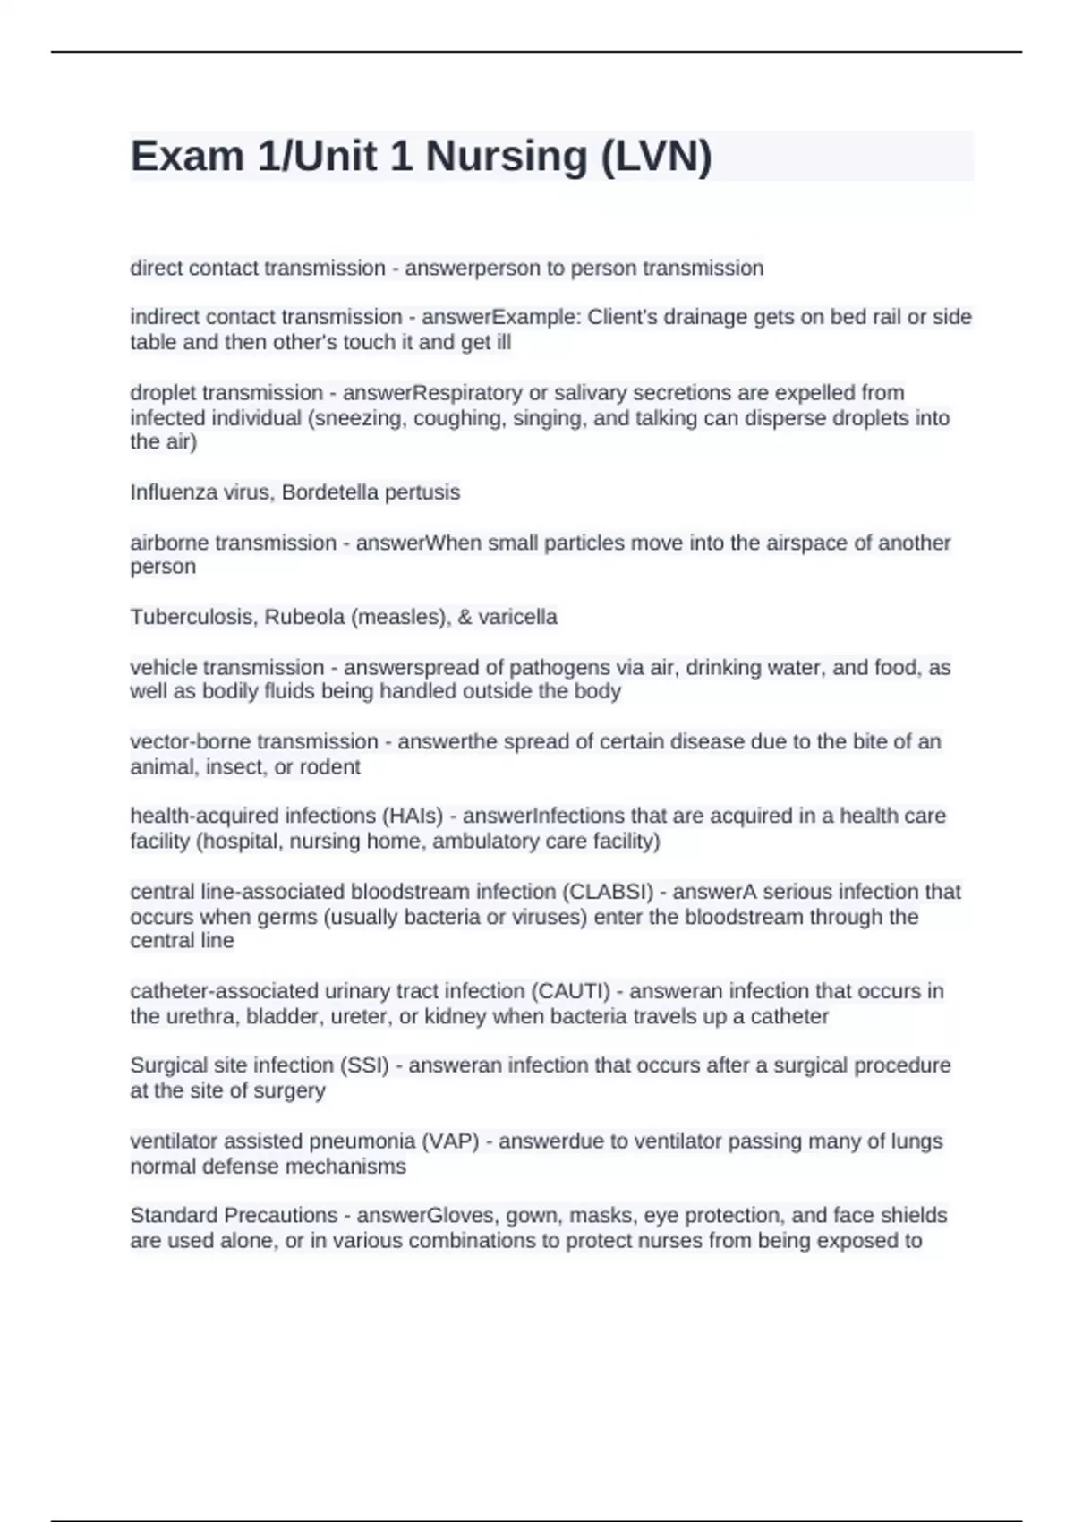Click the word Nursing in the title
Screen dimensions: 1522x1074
tap(507, 157)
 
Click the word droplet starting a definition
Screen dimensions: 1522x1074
tap(163, 393)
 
